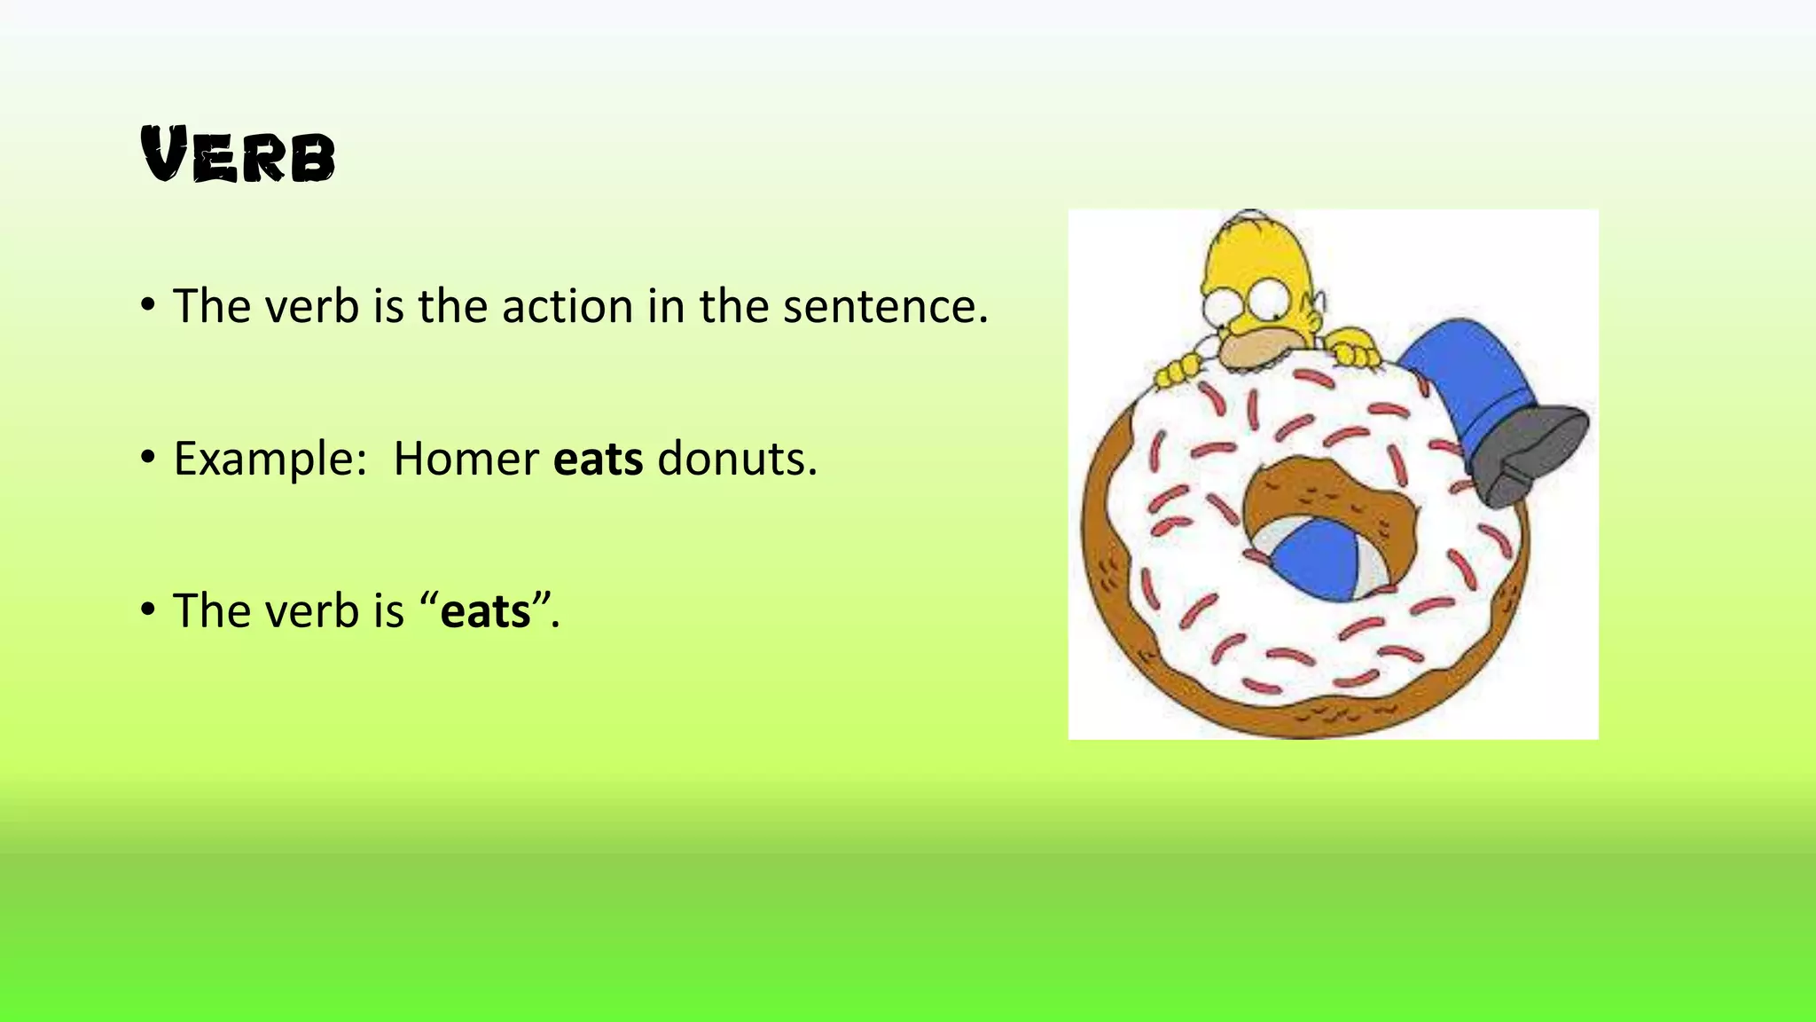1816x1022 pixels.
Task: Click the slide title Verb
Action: click(x=238, y=156)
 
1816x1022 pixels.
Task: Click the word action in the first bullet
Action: click(x=567, y=306)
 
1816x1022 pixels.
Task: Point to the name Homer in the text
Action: click(x=466, y=460)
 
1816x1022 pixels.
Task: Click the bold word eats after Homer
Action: click(x=598, y=460)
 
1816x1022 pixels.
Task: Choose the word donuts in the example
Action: click(x=736, y=460)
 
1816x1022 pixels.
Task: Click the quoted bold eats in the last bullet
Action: click(x=485, y=612)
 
